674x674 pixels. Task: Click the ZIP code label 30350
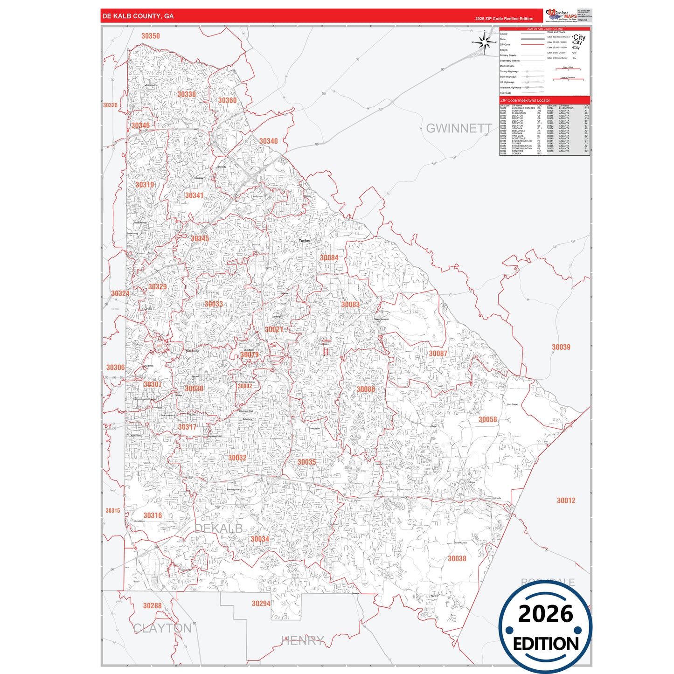coord(150,36)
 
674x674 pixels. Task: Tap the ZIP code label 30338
coord(187,94)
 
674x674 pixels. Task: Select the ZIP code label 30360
coord(227,100)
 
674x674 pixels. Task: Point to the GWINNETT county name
coord(459,128)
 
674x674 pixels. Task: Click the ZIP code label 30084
coord(329,258)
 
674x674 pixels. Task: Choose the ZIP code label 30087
coord(438,354)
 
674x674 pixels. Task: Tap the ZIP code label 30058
coord(487,420)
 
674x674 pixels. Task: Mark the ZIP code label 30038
coord(457,558)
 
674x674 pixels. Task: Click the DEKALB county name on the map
coord(218,528)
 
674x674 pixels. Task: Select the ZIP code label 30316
coord(153,515)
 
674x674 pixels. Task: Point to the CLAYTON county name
coord(162,628)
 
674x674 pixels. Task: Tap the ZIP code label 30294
coord(261,604)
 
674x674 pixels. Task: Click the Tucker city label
coord(305,241)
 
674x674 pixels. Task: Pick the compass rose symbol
coord(485,43)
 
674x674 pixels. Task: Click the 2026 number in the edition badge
coord(545,614)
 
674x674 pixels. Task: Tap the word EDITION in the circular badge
coord(546,644)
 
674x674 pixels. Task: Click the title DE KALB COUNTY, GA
coord(138,16)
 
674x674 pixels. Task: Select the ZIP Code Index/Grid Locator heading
coord(525,100)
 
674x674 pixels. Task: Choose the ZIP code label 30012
coord(566,500)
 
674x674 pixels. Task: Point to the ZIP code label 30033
coord(214,304)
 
